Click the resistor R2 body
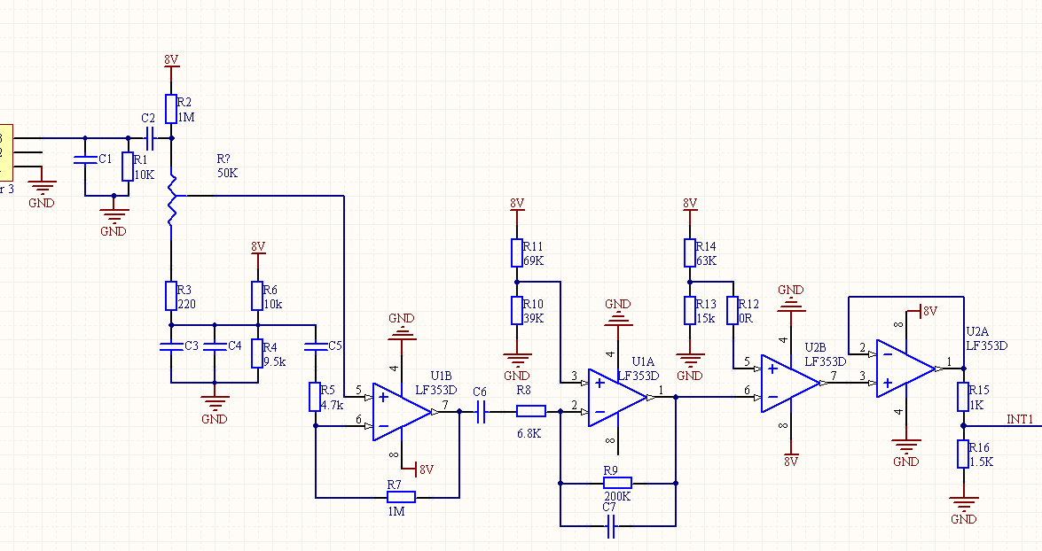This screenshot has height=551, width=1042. point(171,109)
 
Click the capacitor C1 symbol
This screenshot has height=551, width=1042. point(85,160)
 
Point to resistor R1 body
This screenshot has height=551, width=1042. point(127,166)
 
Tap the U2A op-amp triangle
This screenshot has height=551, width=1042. point(905,368)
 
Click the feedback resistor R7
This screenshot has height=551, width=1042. point(402,497)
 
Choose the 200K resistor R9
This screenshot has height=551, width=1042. point(617,483)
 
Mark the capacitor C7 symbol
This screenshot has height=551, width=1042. point(610,529)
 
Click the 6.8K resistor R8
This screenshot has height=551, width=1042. point(531,411)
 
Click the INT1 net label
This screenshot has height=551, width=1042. point(1021,418)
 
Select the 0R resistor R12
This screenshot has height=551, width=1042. point(733,311)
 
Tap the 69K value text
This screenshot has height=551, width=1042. point(533,261)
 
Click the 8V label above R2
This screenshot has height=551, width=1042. point(171,59)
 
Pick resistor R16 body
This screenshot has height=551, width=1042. point(963,454)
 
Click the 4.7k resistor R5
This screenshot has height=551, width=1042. point(315,396)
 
